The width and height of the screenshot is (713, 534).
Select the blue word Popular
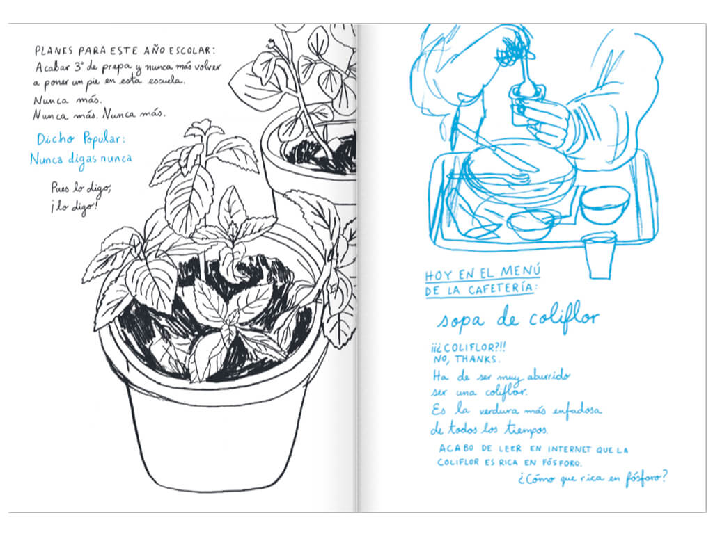click(x=103, y=139)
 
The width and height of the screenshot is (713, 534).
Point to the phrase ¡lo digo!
click(x=74, y=207)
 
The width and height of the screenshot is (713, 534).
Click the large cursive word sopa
click(x=460, y=321)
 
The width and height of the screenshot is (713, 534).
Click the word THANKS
click(x=477, y=359)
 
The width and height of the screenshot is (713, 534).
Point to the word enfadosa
click(x=577, y=410)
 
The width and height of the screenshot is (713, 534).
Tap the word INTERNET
click(x=569, y=450)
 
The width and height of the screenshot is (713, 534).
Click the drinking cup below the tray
click(x=600, y=255)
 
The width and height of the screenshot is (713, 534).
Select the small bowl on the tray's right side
click(x=605, y=205)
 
